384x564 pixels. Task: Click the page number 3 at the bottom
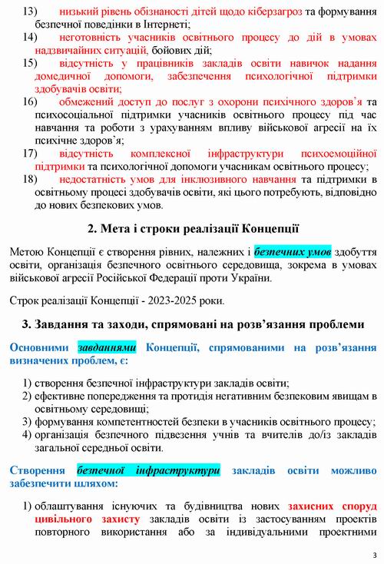pos(373,555)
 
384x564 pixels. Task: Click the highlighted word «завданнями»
pos(107,346)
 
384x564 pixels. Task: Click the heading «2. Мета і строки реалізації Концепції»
pos(193,228)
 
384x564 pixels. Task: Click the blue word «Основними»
pos(40,346)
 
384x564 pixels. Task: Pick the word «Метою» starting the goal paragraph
pos(29,250)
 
